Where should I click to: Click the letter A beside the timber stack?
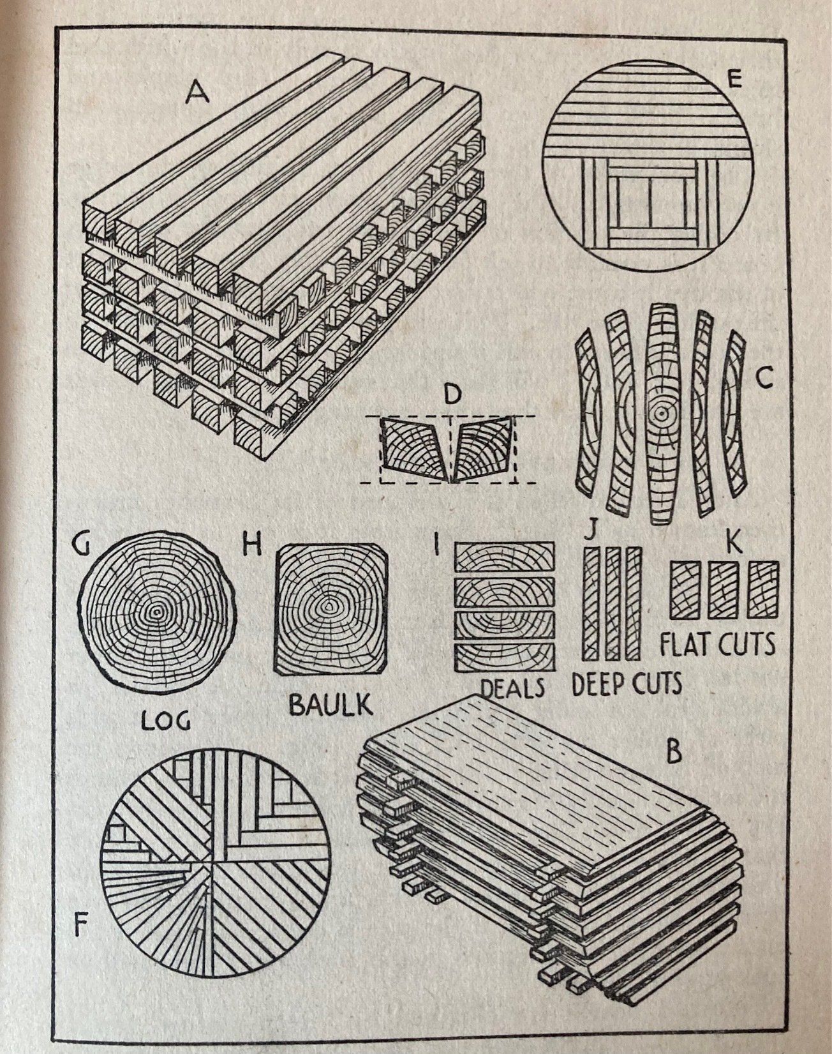pos(197,94)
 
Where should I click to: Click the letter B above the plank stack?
pos(674,752)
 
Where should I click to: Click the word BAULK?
pos(330,705)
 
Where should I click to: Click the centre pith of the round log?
pos(155,611)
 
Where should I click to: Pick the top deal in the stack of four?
pos(504,556)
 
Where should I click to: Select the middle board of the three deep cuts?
pos(613,603)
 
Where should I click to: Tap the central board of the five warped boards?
pos(661,414)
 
